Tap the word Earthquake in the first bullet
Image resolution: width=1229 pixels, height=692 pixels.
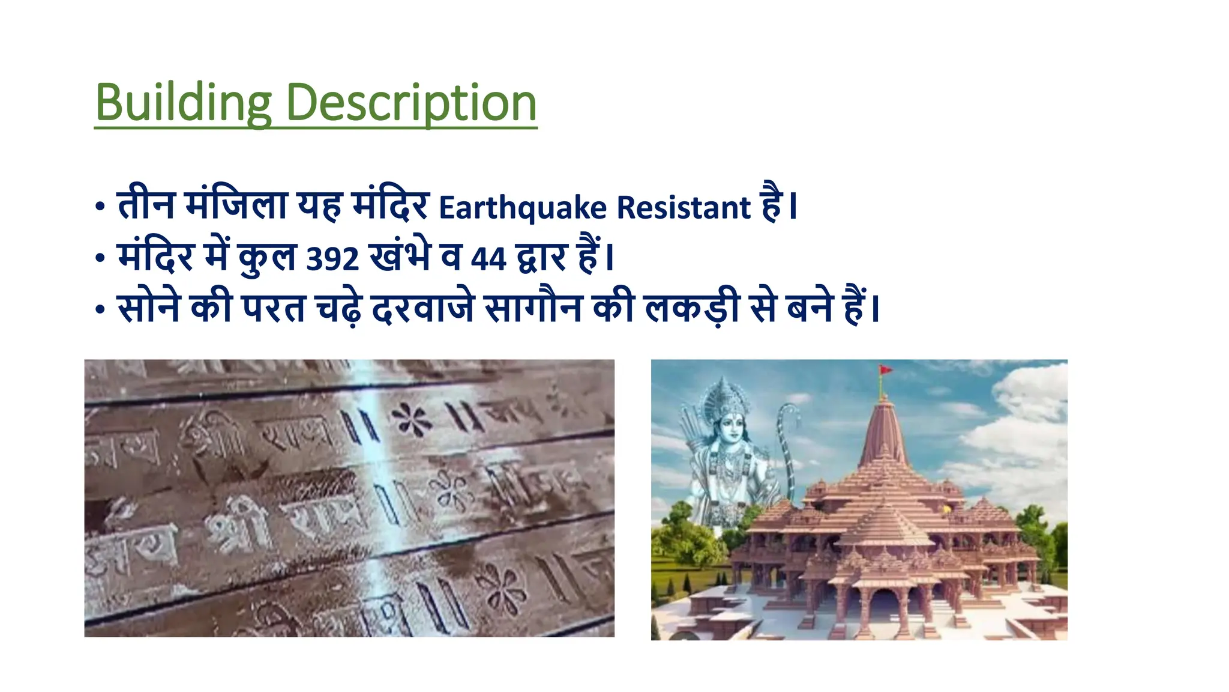tap(523, 208)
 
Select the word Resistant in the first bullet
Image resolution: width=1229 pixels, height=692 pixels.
tap(684, 208)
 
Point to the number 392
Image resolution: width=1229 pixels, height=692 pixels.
tap(332, 259)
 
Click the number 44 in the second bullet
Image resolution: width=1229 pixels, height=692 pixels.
tap(488, 259)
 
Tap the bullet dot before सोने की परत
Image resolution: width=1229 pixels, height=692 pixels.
tap(100, 310)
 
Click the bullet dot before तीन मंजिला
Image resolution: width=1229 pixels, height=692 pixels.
tap(100, 208)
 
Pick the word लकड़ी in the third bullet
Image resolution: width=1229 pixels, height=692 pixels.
tap(691, 308)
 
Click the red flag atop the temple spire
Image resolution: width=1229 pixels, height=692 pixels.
tap(885, 370)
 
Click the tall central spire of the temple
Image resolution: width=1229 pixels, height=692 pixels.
tap(882, 432)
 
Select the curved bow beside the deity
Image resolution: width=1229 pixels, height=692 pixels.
tap(786, 445)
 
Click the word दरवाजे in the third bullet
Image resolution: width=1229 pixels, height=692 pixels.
tap(422, 309)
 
